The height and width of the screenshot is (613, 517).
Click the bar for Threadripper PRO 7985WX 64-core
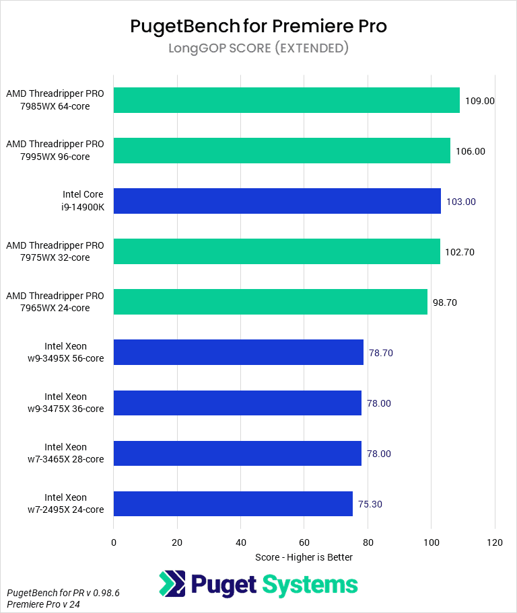point(287,100)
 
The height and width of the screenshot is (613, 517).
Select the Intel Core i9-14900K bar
point(277,201)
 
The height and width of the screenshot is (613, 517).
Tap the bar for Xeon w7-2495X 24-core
point(233,503)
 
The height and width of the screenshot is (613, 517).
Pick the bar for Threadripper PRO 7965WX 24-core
point(271,302)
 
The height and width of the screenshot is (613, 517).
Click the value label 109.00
point(480,101)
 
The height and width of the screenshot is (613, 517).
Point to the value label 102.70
point(460,252)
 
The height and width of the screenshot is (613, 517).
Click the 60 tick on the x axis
point(304,542)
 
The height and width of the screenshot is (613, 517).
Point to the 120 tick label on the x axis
point(495,542)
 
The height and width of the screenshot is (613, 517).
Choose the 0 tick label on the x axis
point(114,542)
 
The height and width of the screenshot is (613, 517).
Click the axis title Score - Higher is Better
point(304,557)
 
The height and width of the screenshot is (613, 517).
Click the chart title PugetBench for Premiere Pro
point(258,26)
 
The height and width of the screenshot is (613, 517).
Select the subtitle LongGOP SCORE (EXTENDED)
point(258,48)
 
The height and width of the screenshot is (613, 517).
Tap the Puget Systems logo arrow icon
point(172,584)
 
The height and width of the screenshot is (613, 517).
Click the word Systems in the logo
point(310,585)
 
